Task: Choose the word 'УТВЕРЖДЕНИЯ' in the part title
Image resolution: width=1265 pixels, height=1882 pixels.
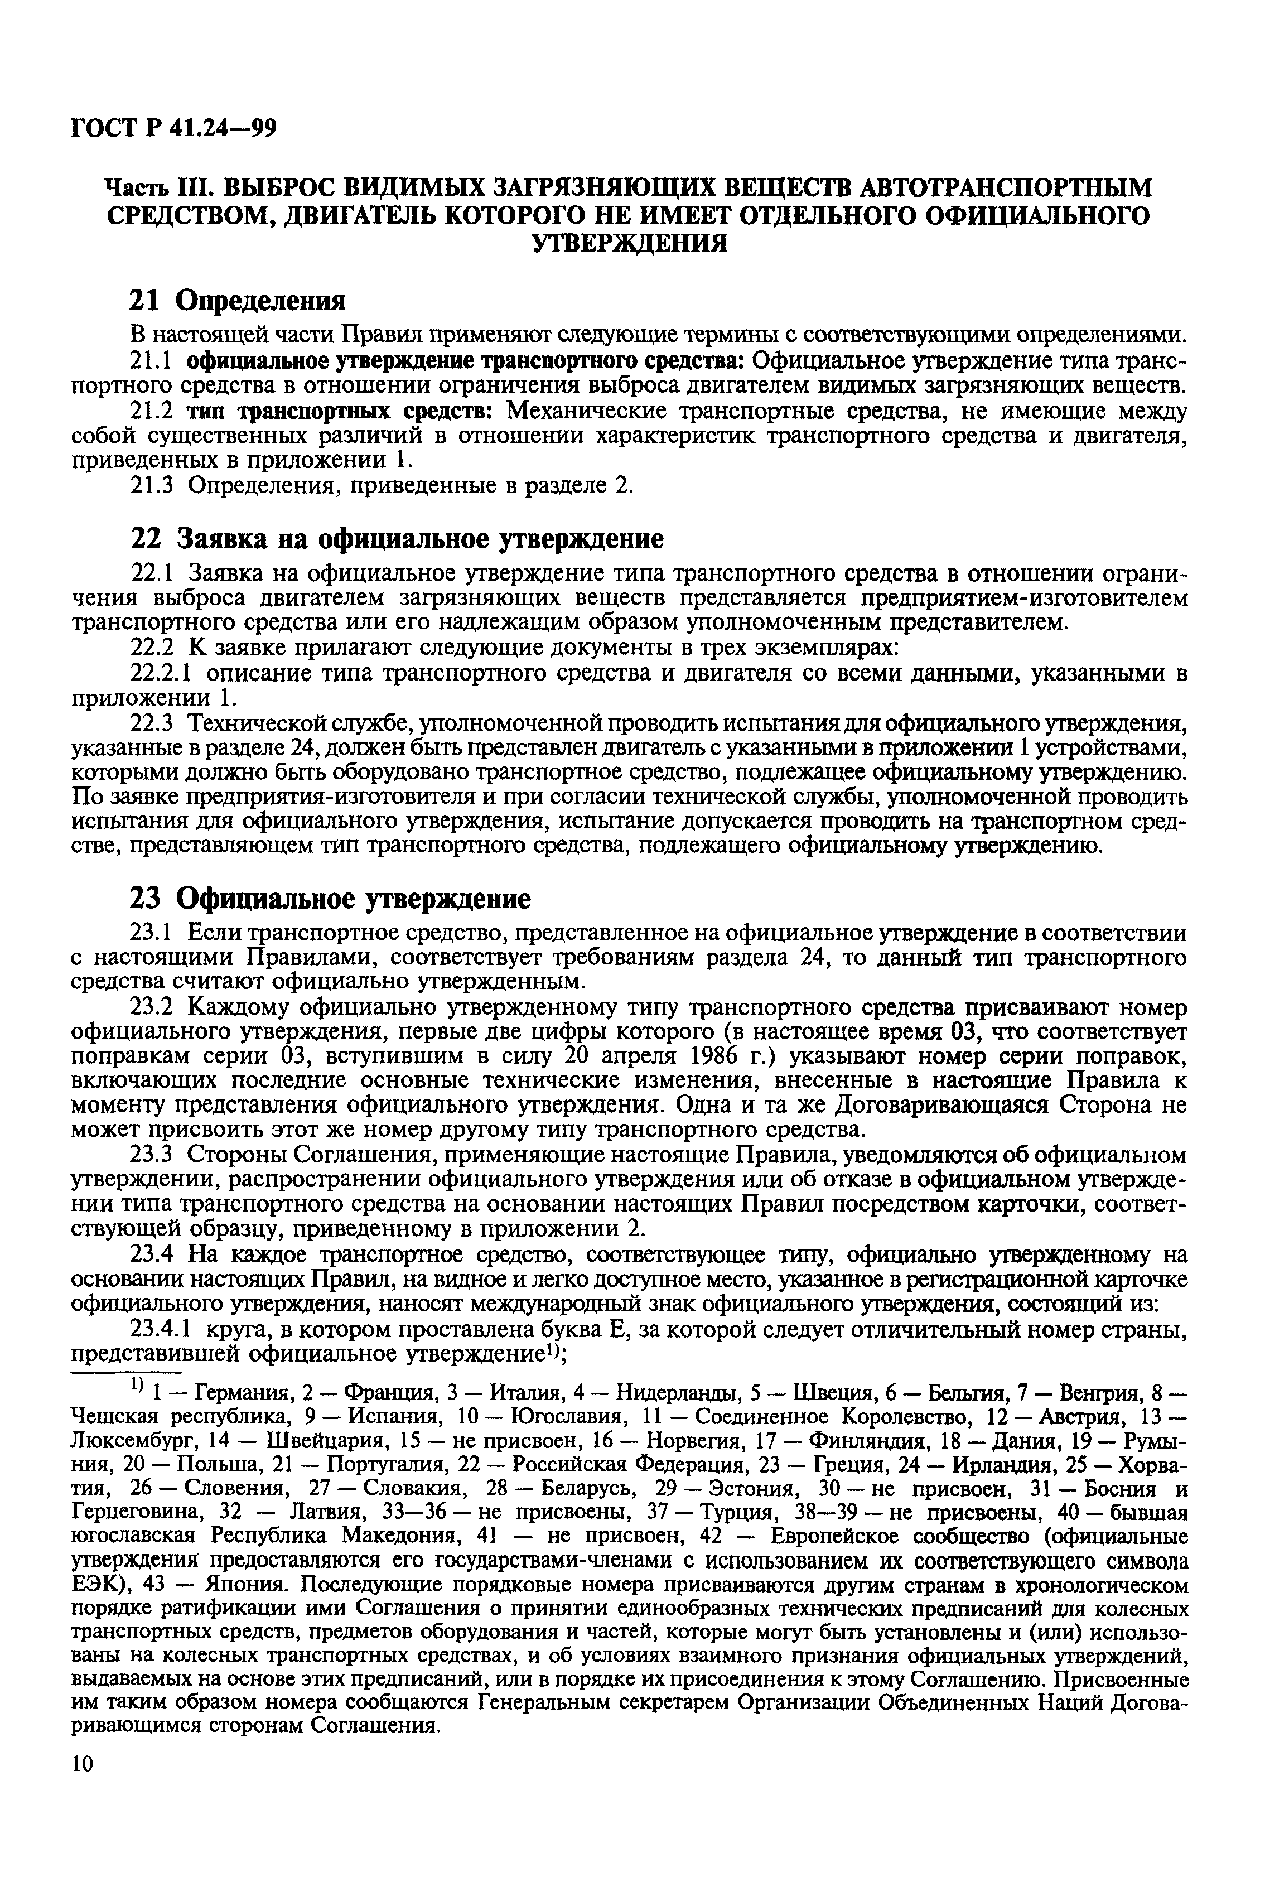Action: click(632, 243)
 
